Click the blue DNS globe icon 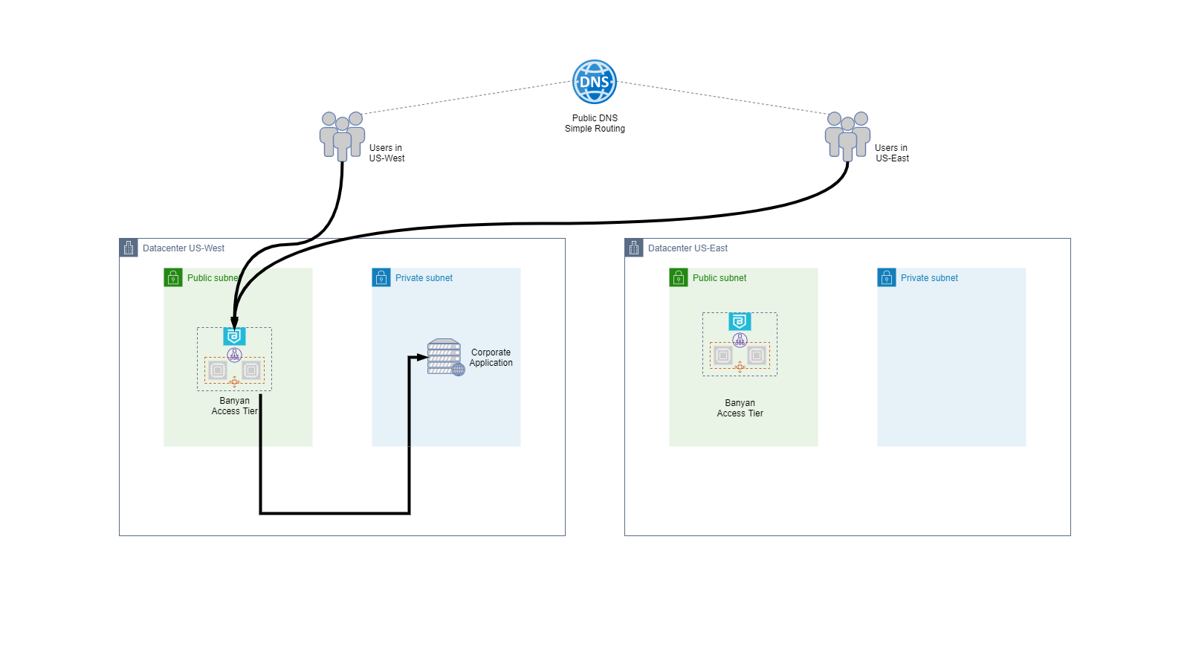(x=595, y=82)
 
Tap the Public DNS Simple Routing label (x=595, y=123)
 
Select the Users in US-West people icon (x=342, y=135)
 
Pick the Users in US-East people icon (x=847, y=135)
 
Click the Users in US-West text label (x=387, y=153)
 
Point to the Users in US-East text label (x=892, y=153)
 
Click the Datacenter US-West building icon (x=129, y=248)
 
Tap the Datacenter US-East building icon (x=634, y=248)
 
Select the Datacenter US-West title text (x=184, y=248)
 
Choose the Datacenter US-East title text (x=688, y=248)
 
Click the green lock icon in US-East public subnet (x=679, y=277)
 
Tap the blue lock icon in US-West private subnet (x=381, y=277)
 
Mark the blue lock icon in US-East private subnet (x=887, y=277)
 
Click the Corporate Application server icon (x=445, y=357)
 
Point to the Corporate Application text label (x=491, y=358)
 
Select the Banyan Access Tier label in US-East (x=740, y=408)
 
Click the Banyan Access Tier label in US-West (x=234, y=406)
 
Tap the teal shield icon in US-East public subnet (x=740, y=321)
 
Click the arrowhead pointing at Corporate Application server (x=422, y=357)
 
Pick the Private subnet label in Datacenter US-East (x=929, y=278)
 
